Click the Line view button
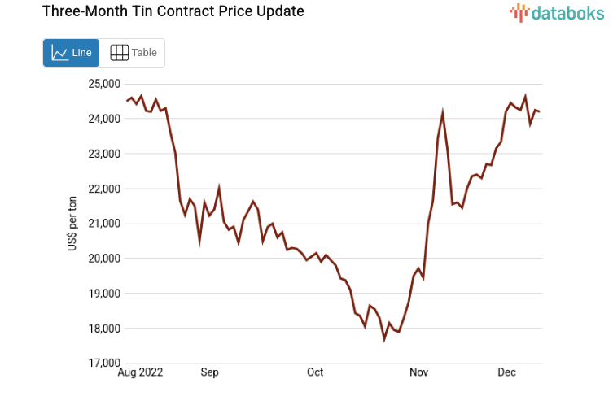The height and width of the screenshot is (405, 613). [71, 53]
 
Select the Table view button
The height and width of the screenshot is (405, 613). [133, 53]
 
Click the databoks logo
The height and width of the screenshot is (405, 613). [557, 12]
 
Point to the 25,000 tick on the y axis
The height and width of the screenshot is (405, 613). [103, 84]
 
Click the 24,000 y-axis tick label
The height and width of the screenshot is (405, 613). [103, 119]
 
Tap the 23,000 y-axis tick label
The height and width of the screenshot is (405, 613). [103, 154]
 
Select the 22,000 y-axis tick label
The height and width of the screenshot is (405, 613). [103, 189]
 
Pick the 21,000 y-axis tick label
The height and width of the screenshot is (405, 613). [103, 224]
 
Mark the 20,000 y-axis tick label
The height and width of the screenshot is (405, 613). [103, 259]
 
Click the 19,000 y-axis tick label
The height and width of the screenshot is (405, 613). [103, 294]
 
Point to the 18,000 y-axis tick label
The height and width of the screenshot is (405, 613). [103, 329]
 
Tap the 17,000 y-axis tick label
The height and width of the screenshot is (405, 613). [103, 364]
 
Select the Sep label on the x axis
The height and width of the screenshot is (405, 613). [209, 372]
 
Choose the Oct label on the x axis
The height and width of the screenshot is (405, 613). [314, 372]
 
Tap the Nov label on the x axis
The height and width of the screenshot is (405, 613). [418, 372]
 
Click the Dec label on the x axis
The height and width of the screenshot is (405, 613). [506, 372]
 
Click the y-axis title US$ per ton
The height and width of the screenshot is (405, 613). [72, 224]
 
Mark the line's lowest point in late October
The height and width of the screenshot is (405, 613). [384, 338]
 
